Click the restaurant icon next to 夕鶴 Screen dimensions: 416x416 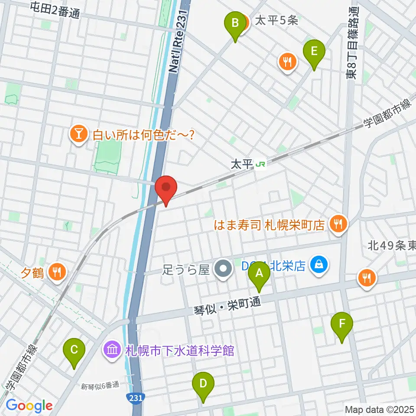pos(56,272)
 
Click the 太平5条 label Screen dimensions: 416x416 pos(276,21)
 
